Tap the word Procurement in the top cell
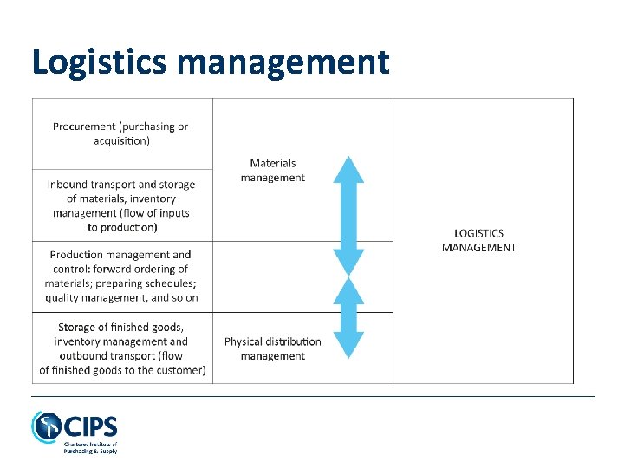[x=83, y=127]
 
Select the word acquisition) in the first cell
[x=121, y=140]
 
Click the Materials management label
[x=273, y=170]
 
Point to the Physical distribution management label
[x=273, y=348]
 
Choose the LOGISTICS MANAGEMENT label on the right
[x=478, y=240]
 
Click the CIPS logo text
[x=92, y=427]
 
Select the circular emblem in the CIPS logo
[x=46, y=427]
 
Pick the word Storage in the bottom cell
[x=76, y=327]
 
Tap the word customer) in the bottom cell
[x=179, y=370]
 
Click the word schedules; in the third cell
[x=172, y=283]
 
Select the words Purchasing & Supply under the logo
[x=89, y=451]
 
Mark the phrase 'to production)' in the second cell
[x=122, y=228]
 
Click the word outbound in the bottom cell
[x=84, y=355]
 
